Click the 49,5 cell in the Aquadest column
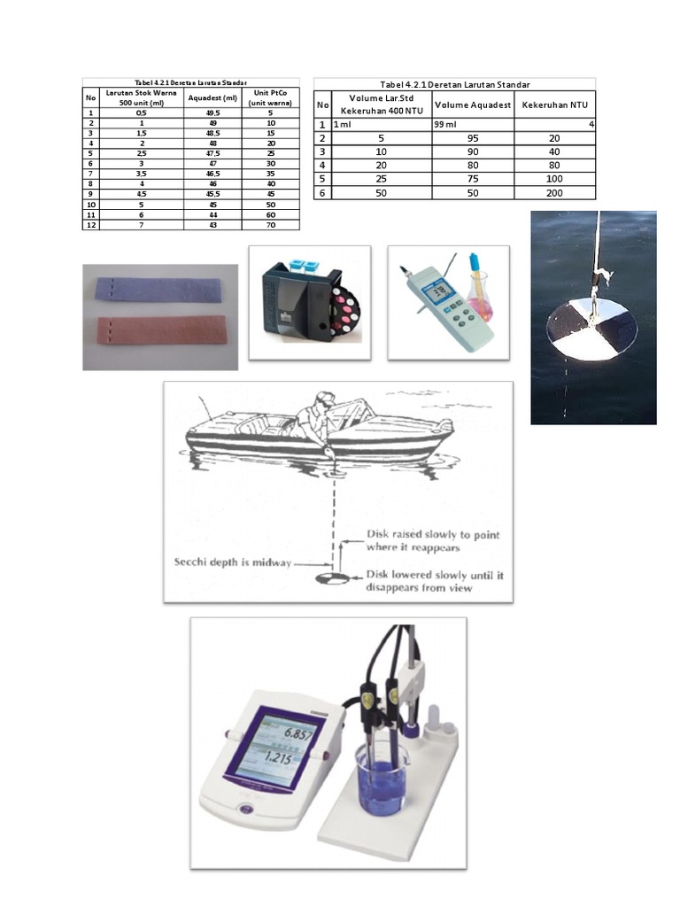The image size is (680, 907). coord(212,113)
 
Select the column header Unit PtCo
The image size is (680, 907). coord(272,97)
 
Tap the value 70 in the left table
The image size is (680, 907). coord(272,225)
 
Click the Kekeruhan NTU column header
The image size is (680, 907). coord(555,105)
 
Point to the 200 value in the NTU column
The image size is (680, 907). coord(555,192)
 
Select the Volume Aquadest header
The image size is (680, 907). coord(473,105)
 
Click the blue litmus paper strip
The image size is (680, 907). coord(158,290)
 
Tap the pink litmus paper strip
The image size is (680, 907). coord(158,331)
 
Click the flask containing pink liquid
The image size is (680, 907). coord(480,301)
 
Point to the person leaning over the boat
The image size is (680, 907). coord(315,417)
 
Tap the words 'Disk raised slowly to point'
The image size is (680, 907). coord(433,535)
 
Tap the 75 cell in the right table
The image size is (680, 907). coord(473,179)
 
